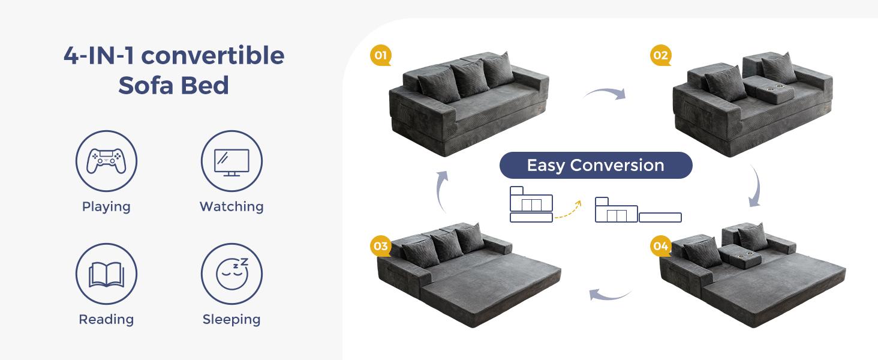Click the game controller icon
coord(106,161)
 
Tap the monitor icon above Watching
coord(231,161)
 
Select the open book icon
coord(106,274)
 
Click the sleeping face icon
coord(231,274)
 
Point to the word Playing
coord(106,206)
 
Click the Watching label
coord(231,206)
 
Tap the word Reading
coord(106,319)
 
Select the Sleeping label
coord(231,319)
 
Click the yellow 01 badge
coord(380,56)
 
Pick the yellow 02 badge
coord(660,56)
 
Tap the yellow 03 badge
coord(380,246)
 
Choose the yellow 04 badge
coord(660,246)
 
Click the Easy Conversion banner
coord(596,166)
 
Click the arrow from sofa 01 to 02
coord(605,92)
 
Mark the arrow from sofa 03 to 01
coord(441,191)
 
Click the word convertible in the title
coord(212,56)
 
